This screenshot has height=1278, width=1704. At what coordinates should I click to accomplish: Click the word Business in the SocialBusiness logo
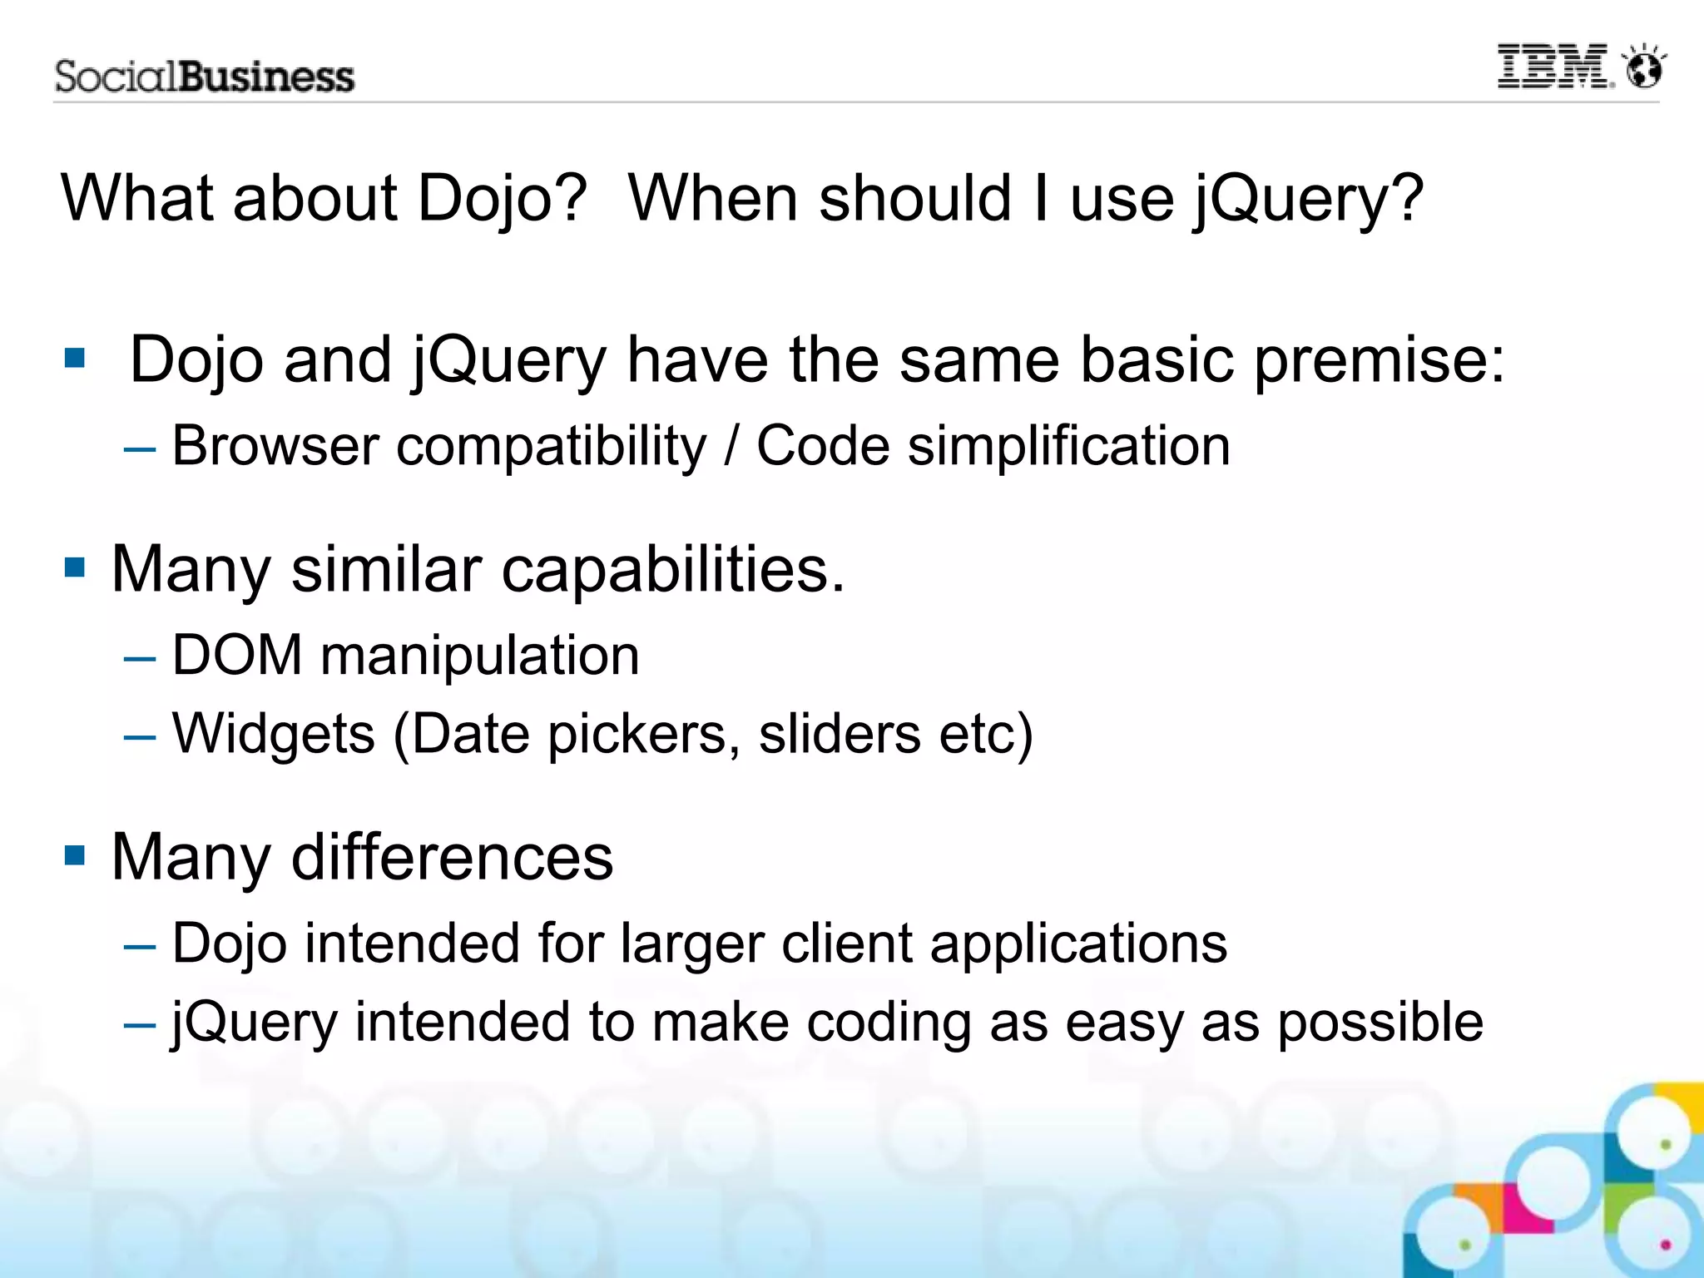(266, 77)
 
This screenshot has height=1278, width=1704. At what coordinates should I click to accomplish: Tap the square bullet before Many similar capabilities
(75, 568)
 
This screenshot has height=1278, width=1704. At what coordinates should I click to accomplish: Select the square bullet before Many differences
(75, 855)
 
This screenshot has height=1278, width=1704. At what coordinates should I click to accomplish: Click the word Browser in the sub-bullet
(275, 446)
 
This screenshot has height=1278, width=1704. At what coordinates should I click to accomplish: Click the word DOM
(237, 656)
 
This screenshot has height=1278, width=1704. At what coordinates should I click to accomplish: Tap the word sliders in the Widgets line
(839, 734)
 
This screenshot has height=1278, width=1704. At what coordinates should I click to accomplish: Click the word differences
(452, 857)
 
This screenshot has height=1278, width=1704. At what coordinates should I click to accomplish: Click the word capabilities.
(672, 571)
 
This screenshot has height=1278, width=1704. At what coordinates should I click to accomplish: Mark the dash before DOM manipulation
(139, 658)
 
